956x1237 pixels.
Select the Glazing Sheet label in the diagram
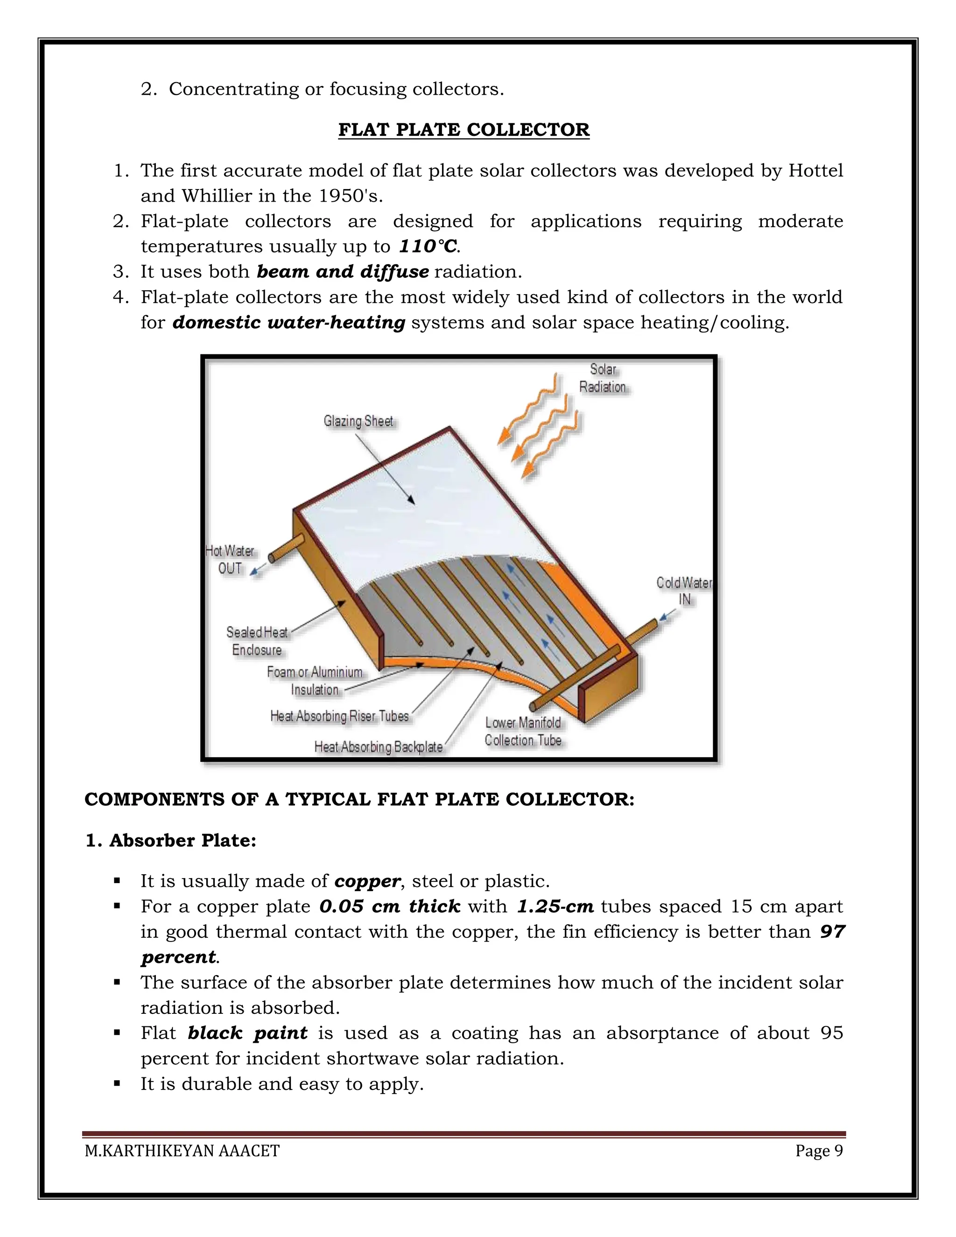click(358, 422)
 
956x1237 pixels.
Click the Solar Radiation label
click(602, 379)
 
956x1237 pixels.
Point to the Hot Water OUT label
click(230, 560)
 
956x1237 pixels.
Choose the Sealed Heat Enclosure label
click(257, 640)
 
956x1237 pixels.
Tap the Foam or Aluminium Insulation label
click(315, 681)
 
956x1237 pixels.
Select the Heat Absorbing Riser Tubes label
click(339, 716)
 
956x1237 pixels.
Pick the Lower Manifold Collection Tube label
click(523, 731)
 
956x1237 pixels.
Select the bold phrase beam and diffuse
click(343, 272)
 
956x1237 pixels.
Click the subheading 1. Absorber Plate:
click(171, 841)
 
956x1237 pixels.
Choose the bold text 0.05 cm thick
click(390, 907)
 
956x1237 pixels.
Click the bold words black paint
click(247, 1033)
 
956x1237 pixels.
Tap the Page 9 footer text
click(818, 1151)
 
